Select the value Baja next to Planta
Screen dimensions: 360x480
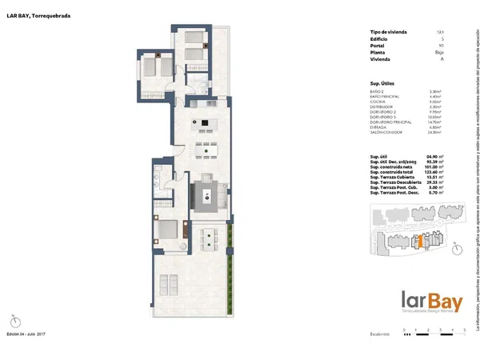[x=438, y=52]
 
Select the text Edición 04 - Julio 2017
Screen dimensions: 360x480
[x=28, y=333]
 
